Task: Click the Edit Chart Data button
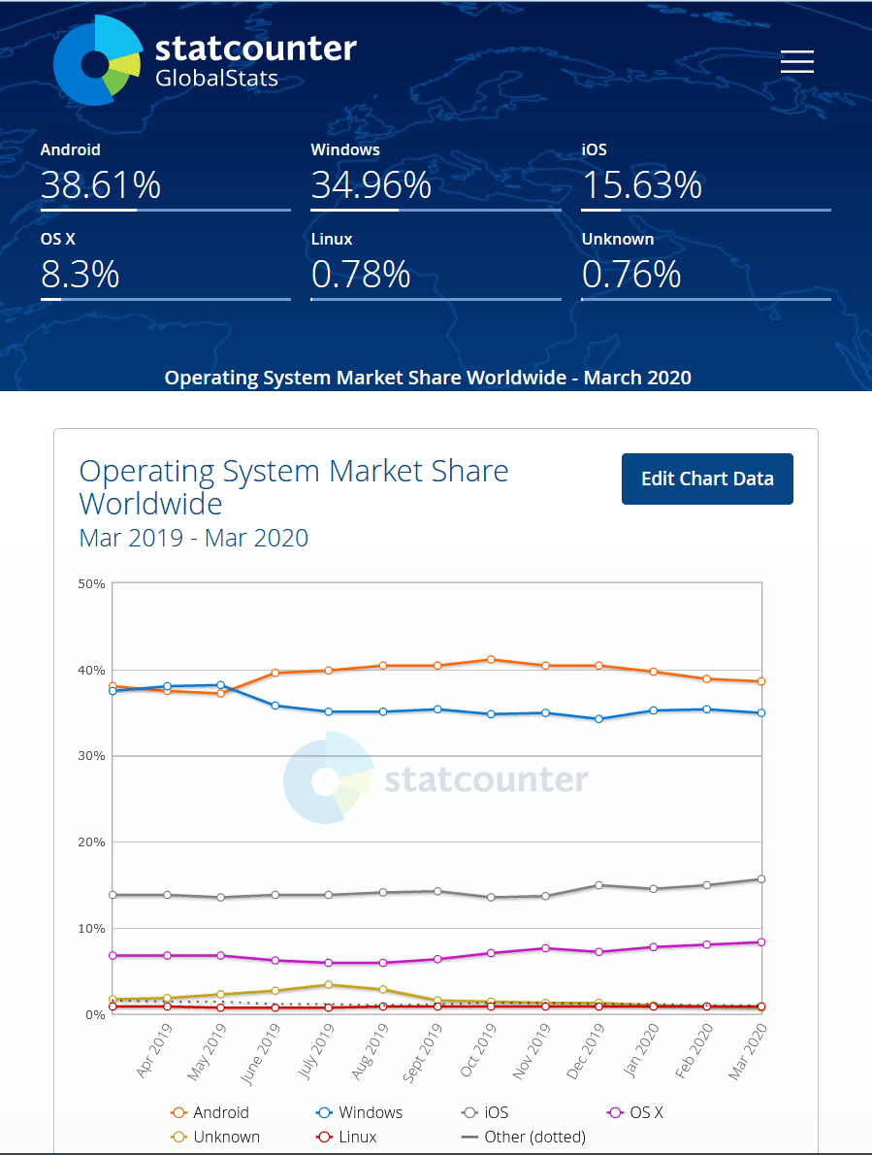point(707,478)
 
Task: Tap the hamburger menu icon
point(797,62)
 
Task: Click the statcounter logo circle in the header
point(97,61)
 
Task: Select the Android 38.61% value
point(101,184)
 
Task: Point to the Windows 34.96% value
point(371,184)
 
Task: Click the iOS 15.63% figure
point(641,184)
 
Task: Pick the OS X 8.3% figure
point(80,275)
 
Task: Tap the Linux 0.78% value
point(361,275)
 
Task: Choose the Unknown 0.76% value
point(631,275)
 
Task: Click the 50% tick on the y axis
point(92,583)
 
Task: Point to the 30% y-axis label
point(92,756)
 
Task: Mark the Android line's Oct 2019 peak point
point(492,660)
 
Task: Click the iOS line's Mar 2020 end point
point(761,879)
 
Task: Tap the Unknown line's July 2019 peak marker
point(329,985)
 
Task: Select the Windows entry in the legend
point(360,1112)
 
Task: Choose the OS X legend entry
point(635,1112)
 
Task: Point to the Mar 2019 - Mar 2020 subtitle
point(194,537)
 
